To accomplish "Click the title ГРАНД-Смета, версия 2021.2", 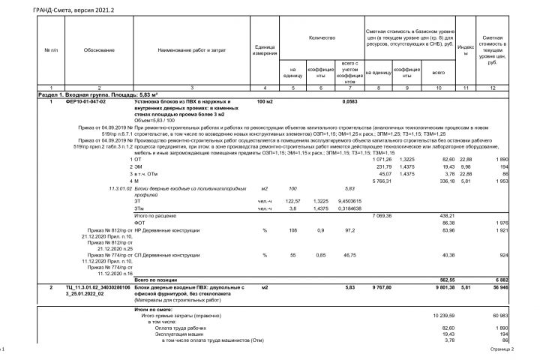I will (x=64, y=11).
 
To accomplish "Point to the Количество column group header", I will (x=322, y=36).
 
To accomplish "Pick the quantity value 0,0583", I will (x=349, y=100).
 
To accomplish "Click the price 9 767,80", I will (x=381, y=287).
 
